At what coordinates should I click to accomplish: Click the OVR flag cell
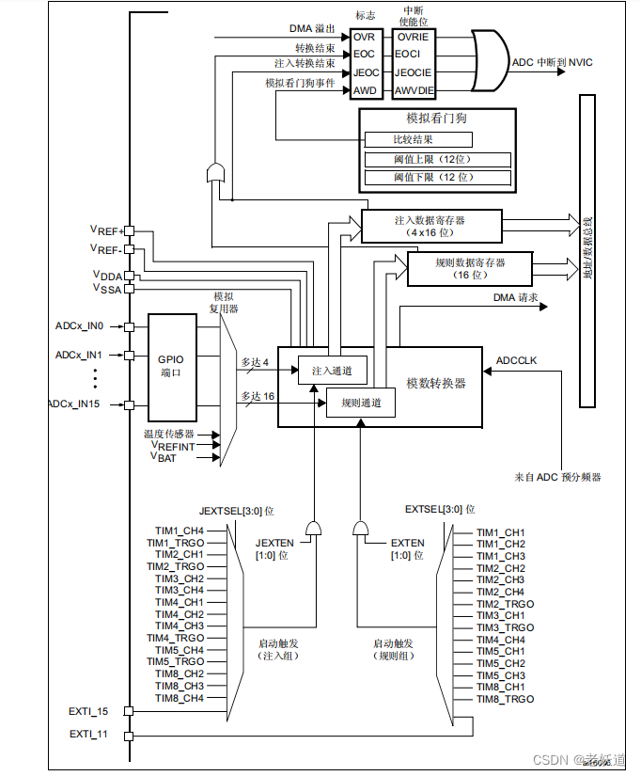coord(364,37)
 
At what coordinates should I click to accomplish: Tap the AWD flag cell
coord(364,91)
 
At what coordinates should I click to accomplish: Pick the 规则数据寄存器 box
coord(469,268)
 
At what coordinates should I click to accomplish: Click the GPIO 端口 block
coord(171,366)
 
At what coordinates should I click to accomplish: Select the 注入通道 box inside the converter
coord(332,371)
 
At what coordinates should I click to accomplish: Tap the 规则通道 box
coord(360,403)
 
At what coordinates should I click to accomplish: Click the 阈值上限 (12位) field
coord(438,159)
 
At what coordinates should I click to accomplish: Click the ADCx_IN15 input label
coord(86,404)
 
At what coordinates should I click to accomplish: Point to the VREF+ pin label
coord(106,230)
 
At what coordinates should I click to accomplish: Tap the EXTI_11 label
coord(88,734)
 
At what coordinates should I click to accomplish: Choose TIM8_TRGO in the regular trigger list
coord(505,699)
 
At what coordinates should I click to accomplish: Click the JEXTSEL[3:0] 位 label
coord(236,509)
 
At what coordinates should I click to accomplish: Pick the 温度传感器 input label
coord(169,435)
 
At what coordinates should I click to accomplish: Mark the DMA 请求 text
coord(516,297)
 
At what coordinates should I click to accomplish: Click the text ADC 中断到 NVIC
coord(552,62)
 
